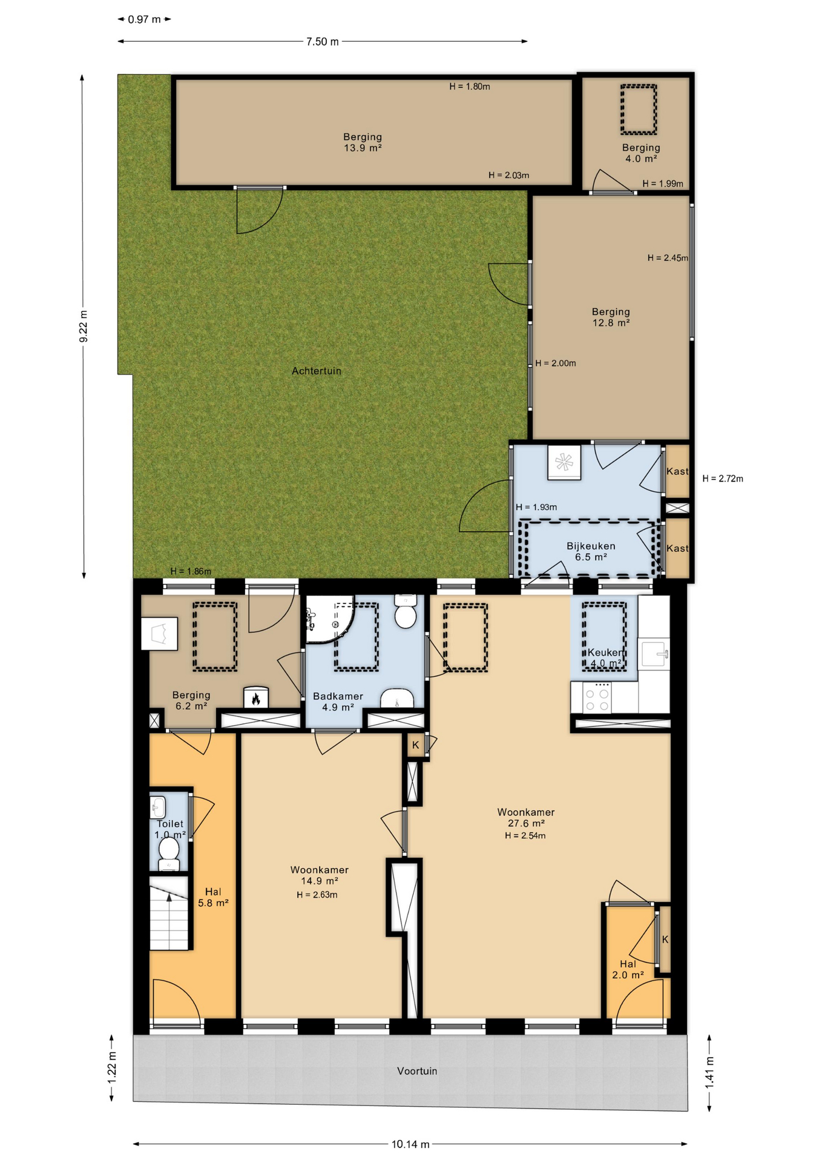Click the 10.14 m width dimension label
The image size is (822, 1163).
coord(410,1144)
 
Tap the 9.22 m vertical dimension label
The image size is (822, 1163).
coord(84,326)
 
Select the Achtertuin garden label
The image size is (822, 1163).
coord(317,371)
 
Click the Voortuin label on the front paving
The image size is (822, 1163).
coord(417,1071)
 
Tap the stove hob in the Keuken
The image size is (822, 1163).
coord(596,697)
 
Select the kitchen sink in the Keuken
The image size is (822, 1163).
coord(654,653)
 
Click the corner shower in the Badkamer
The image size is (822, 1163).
coord(327,618)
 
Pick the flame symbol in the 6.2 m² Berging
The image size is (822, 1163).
coord(255,698)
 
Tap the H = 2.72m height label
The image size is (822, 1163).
coord(723,479)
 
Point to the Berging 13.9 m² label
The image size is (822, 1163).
coord(363,142)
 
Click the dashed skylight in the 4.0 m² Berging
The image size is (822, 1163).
coord(639,110)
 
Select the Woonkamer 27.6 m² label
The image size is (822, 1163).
coord(526,818)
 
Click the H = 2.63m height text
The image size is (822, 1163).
coord(317,895)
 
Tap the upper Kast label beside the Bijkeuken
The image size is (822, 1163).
coord(677,471)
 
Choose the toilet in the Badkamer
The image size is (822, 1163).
coord(405,611)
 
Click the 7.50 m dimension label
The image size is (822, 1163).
coord(323,42)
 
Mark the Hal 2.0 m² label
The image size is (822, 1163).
coord(628,969)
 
